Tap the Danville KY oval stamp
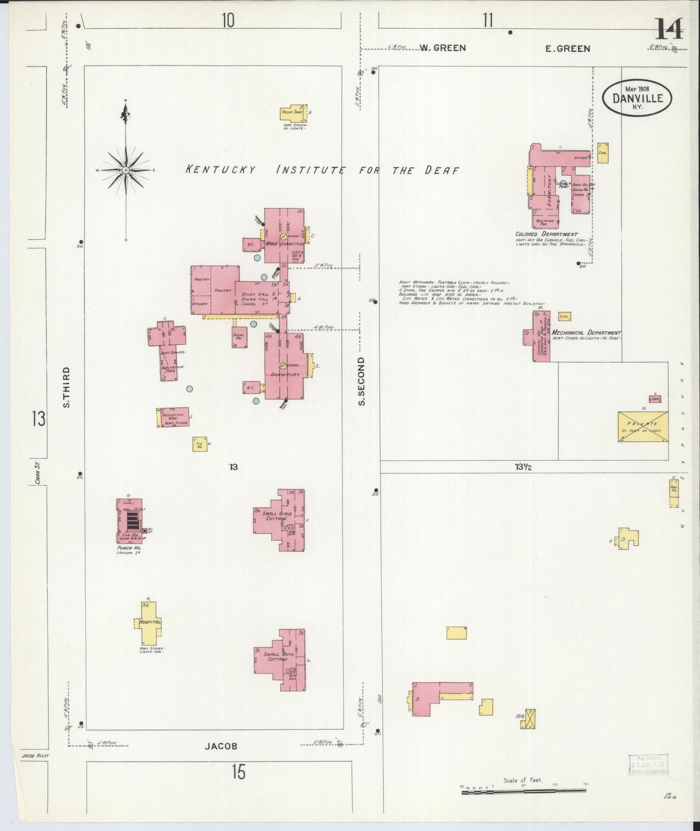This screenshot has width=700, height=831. coord(637,97)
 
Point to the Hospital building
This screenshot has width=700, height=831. coord(148,623)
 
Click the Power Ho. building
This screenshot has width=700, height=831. coord(129,521)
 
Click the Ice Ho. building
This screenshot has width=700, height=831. coord(200,444)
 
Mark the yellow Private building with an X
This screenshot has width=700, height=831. coord(642,426)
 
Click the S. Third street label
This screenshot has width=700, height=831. coord(67,386)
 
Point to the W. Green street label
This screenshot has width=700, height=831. coord(442,48)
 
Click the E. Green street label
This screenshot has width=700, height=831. coord(568,48)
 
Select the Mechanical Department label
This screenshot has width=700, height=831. coord(586,333)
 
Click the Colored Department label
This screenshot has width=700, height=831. coord(546,234)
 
